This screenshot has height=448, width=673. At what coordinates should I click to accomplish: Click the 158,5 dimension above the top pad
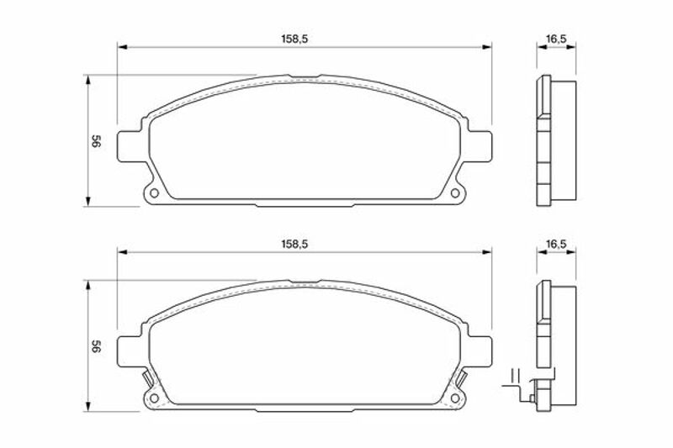point(294,39)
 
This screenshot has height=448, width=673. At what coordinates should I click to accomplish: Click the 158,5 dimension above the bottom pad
point(294,245)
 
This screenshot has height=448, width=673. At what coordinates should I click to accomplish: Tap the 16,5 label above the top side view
point(556,39)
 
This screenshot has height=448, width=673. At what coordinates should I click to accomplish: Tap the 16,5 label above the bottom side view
point(556,245)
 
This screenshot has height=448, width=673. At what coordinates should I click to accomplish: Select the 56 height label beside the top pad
point(96,141)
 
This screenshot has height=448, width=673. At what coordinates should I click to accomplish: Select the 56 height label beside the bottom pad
point(96,346)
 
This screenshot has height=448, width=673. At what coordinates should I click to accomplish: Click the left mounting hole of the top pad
point(154,193)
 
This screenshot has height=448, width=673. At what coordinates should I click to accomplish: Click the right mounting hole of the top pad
point(455,193)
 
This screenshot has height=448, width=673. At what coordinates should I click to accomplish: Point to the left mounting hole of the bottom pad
point(154,398)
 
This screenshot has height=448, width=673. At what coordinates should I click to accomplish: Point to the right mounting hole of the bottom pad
point(455,398)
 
